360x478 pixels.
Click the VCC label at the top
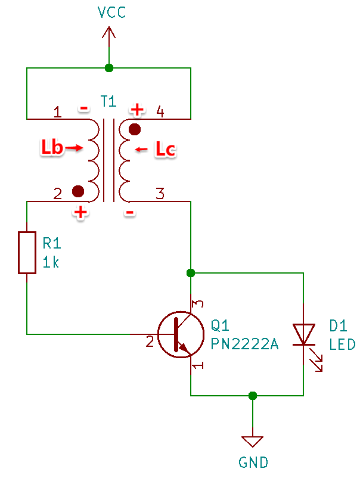[x=111, y=12]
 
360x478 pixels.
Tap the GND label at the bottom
[x=253, y=463]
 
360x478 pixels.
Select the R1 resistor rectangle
[x=27, y=253]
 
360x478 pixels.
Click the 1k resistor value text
[x=51, y=262]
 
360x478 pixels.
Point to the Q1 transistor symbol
[x=181, y=334]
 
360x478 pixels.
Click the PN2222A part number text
[x=245, y=344]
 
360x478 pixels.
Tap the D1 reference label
[x=338, y=326]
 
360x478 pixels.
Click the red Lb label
[x=52, y=148]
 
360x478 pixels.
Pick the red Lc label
[x=166, y=149]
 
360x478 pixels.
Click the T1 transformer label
[x=108, y=101]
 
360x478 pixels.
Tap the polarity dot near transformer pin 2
[x=78, y=191]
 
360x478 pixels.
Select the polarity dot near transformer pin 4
[x=135, y=129]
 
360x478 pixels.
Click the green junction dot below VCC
[x=109, y=68]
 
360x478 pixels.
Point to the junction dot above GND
[x=253, y=396]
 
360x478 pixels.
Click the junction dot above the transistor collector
[x=191, y=273]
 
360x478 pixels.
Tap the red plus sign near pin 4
[x=137, y=110]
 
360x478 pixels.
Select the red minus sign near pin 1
[x=84, y=108]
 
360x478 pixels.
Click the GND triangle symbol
[x=252, y=442]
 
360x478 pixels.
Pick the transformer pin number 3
[x=160, y=194]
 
